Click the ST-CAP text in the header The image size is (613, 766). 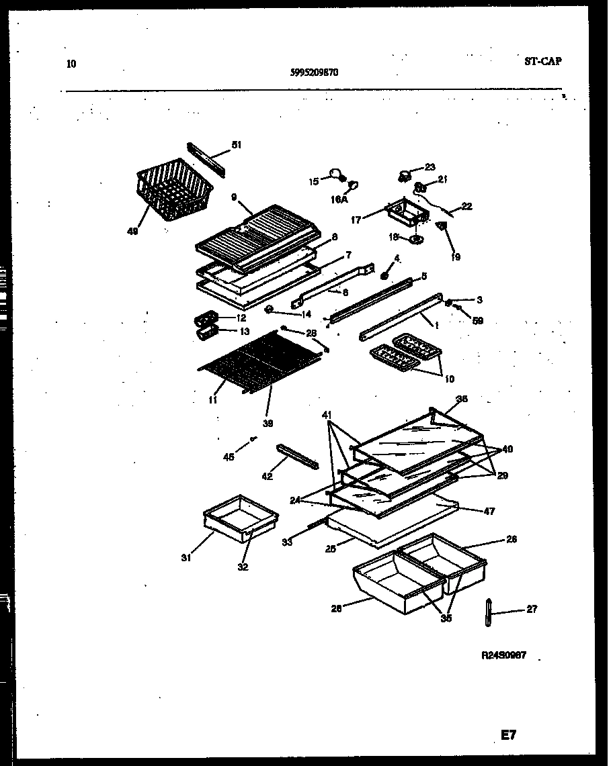point(542,61)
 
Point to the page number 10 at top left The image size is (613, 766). point(72,64)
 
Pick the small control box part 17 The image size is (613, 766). point(405,214)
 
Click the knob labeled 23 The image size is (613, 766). point(405,177)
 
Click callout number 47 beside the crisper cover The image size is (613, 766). point(489,512)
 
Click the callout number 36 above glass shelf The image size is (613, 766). point(461,399)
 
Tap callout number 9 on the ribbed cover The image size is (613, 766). point(233,197)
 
